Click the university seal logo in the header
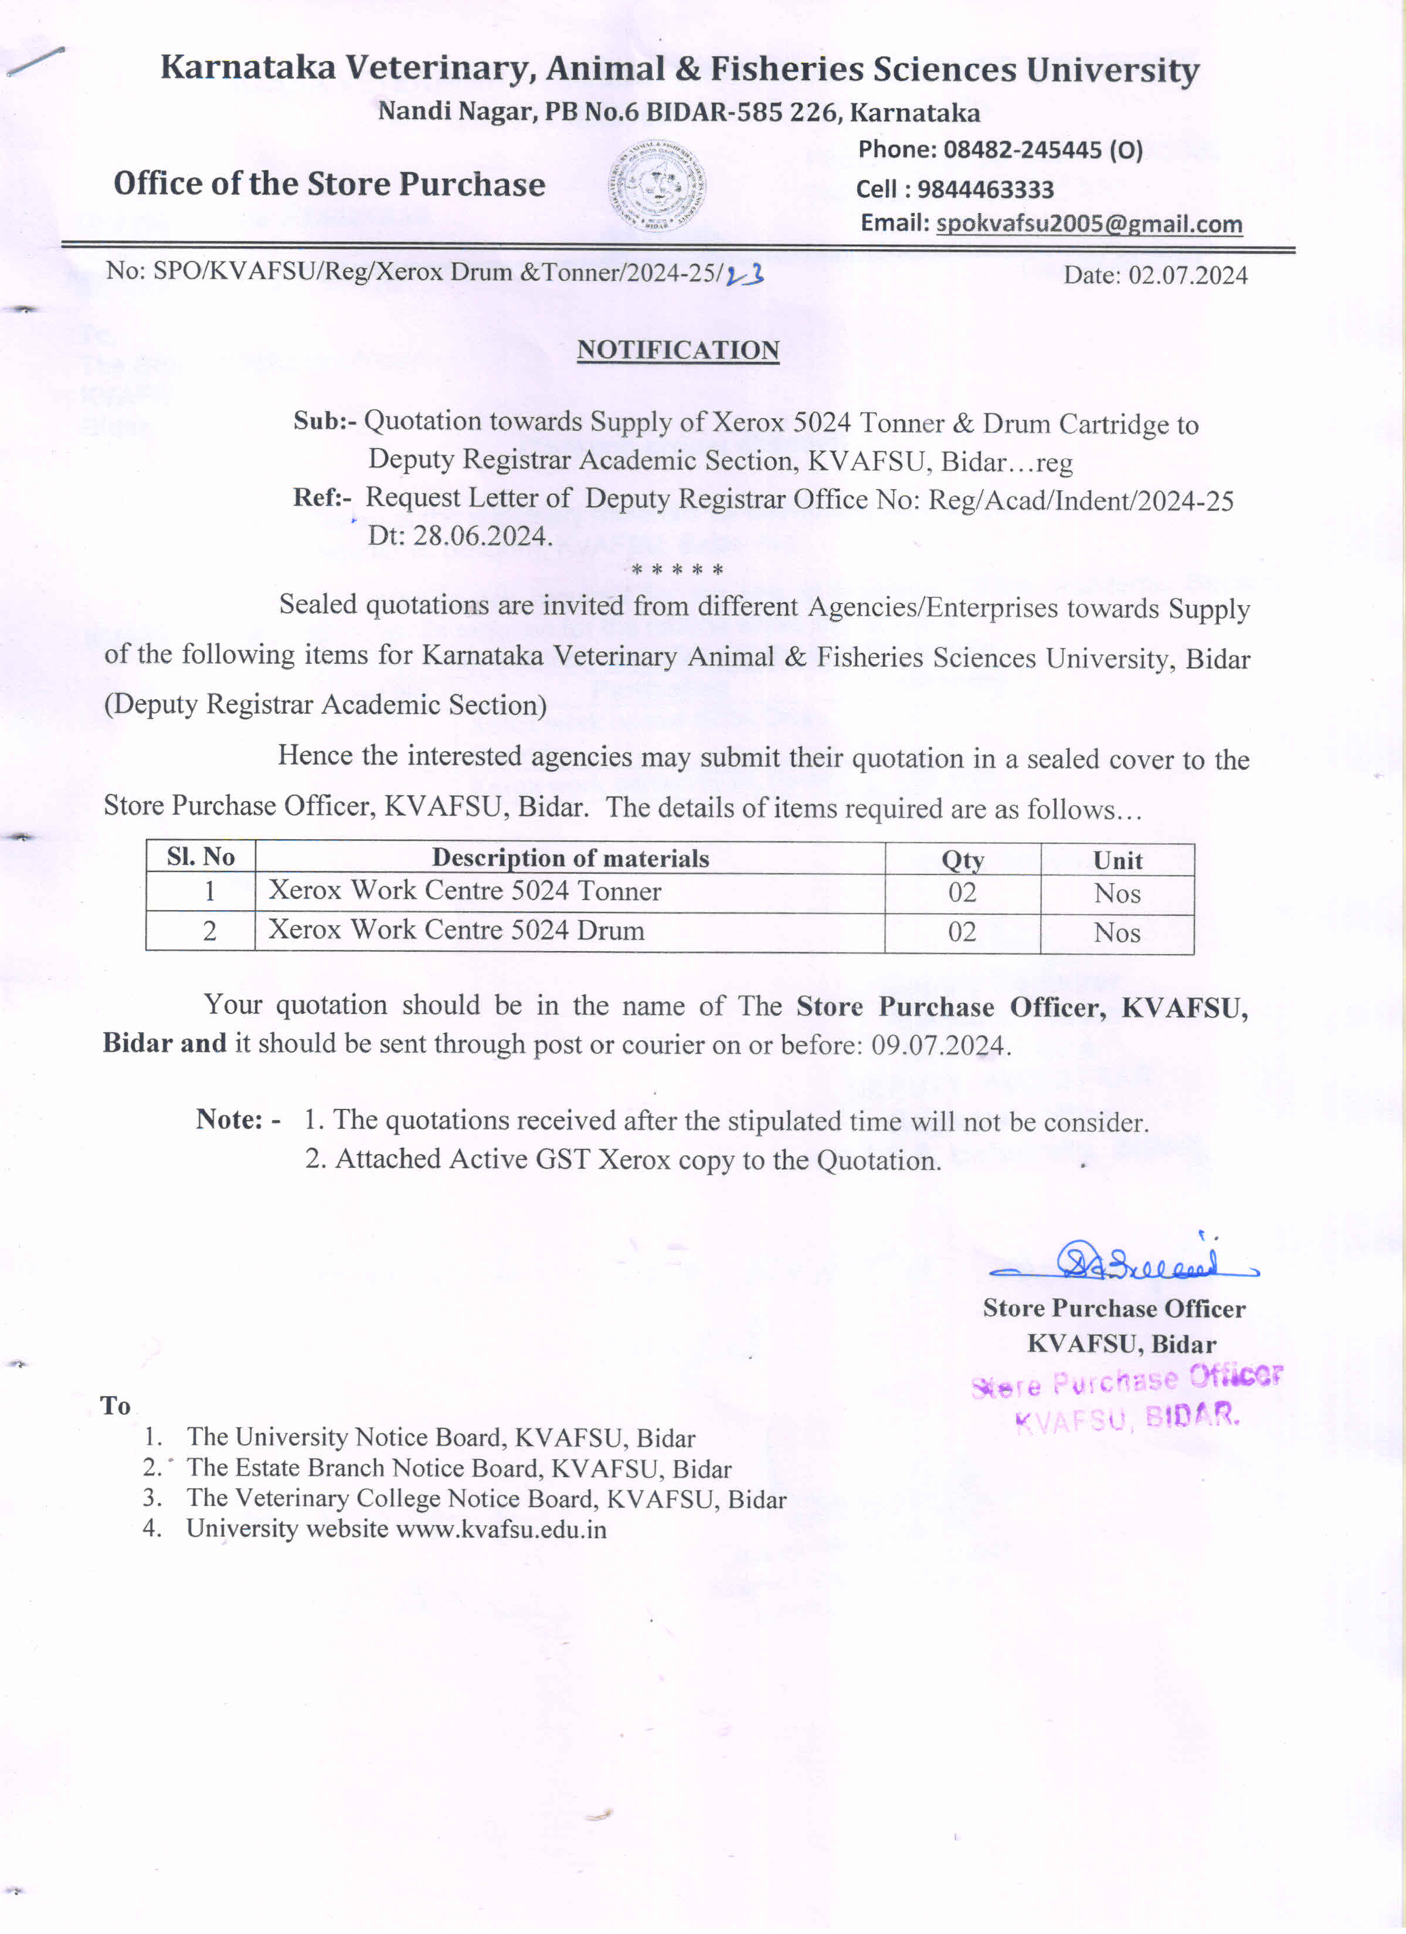[x=657, y=186]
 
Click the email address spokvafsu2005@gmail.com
[x=1088, y=224]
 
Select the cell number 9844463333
[x=985, y=189]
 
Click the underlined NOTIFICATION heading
[x=678, y=351]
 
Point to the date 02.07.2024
[x=1188, y=276]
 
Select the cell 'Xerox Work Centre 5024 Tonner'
[x=465, y=891]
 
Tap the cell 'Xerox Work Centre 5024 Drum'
[x=456, y=930]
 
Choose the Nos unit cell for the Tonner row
[x=1117, y=894]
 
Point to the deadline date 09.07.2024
[x=939, y=1046]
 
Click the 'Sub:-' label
[x=324, y=421]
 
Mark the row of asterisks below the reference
[x=677, y=569]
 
